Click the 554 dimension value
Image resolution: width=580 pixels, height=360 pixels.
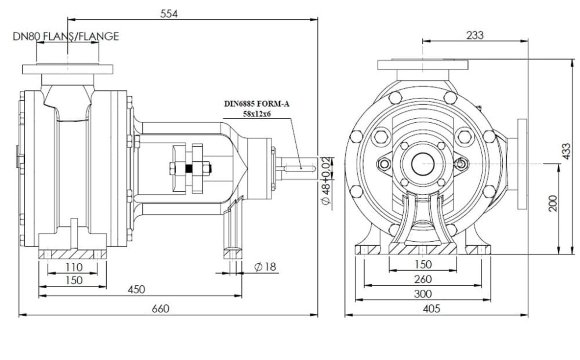[169, 14]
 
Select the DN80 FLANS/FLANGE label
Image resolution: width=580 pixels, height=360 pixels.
[66, 36]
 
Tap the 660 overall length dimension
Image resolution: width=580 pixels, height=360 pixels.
[161, 309]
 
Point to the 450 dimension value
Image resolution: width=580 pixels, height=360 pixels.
[136, 289]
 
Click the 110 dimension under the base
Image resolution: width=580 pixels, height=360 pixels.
[74, 267]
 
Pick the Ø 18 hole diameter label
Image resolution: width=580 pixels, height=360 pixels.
[266, 266]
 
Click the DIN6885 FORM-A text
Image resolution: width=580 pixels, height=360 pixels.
[257, 104]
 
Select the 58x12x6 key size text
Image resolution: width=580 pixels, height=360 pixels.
[257, 114]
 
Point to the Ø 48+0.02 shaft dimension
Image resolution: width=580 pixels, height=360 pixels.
[326, 181]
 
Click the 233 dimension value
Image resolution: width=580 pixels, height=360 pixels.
[475, 35]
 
